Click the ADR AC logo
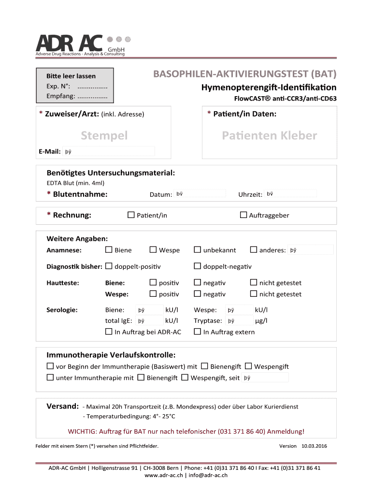pyautogui.click(x=80, y=45)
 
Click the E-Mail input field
pyautogui.click(x=109, y=151)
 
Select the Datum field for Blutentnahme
pyautogui.click(x=200, y=194)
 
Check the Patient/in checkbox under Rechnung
pyautogui.click(x=131, y=215)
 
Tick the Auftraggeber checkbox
pyautogui.click(x=243, y=215)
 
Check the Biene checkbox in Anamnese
pyautogui.click(x=109, y=250)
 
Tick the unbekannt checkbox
pyautogui.click(x=197, y=250)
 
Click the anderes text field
pyautogui.click(x=311, y=250)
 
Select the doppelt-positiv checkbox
pyautogui.click(x=109, y=266)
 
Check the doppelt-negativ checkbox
pyautogui.click(x=197, y=266)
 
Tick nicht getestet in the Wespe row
pyautogui.click(x=253, y=294)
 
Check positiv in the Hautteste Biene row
pyautogui.click(x=153, y=282)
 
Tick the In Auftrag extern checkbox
pyautogui.click(x=197, y=332)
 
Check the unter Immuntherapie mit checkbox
pyautogui.click(x=50, y=378)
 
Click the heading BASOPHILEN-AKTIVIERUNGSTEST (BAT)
pyautogui.click(x=245, y=75)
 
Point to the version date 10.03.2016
pyautogui.click(x=314, y=446)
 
